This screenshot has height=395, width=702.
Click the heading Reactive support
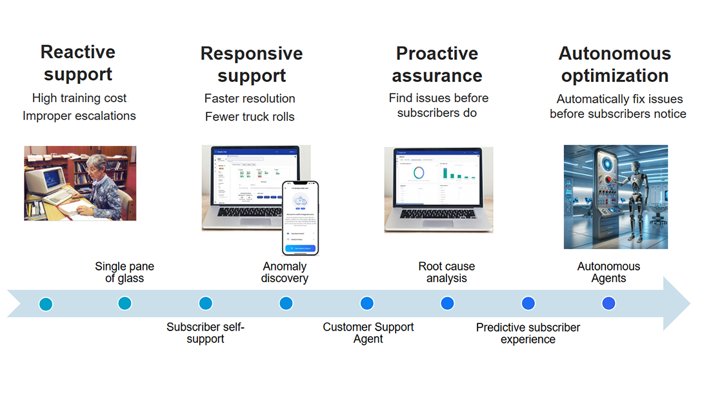(78, 63)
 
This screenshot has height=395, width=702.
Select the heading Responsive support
(252, 64)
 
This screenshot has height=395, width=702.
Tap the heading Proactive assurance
(437, 64)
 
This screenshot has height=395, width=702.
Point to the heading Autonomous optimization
(614, 64)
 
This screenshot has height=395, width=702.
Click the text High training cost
(79, 98)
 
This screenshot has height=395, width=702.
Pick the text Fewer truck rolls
(250, 117)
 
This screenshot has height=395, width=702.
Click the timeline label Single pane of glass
(125, 272)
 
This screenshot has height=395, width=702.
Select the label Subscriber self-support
(205, 333)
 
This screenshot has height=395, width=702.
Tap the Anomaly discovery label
(285, 272)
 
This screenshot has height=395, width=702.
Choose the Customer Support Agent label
(368, 333)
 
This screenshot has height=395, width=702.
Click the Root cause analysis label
(446, 272)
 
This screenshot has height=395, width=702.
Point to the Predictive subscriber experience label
(528, 333)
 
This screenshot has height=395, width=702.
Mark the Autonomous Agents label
(608, 272)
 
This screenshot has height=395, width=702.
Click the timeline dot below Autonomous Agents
(608, 303)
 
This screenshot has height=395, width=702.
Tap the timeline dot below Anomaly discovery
(286, 303)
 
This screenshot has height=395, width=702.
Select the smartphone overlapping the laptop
(300, 218)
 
